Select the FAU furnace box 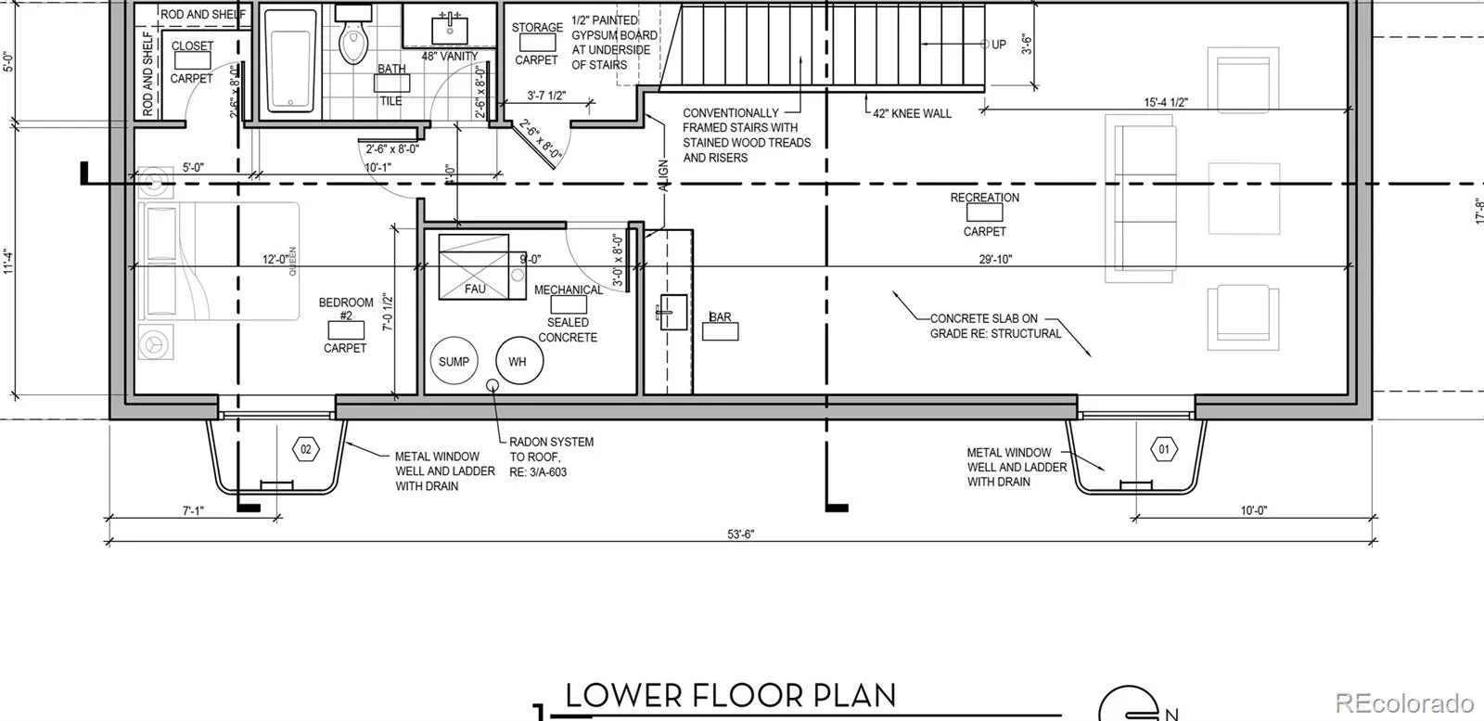tap(474, 266)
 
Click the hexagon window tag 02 tap(305, 450)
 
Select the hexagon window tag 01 tap(1164, 450)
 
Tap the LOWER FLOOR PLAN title tap(730, 697)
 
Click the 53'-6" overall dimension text tap(741, 534)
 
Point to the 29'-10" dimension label tap(996, 259)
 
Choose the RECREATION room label tap(984, 198)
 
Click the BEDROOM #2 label tap(346, 309)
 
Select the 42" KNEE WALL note tap(912, 114)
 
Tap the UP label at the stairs tap(998, 45)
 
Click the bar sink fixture tap(672, 312)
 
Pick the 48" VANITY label tap(450, 57)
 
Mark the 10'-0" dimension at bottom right tap(1253, 510)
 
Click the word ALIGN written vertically tap(663, 176)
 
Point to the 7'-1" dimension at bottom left tap(193, 511)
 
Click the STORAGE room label tap(537, 27)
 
